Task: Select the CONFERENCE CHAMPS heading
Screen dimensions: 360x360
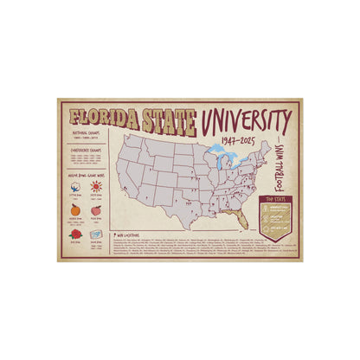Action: point(83,151)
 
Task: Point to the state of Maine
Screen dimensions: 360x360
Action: point(265,144)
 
